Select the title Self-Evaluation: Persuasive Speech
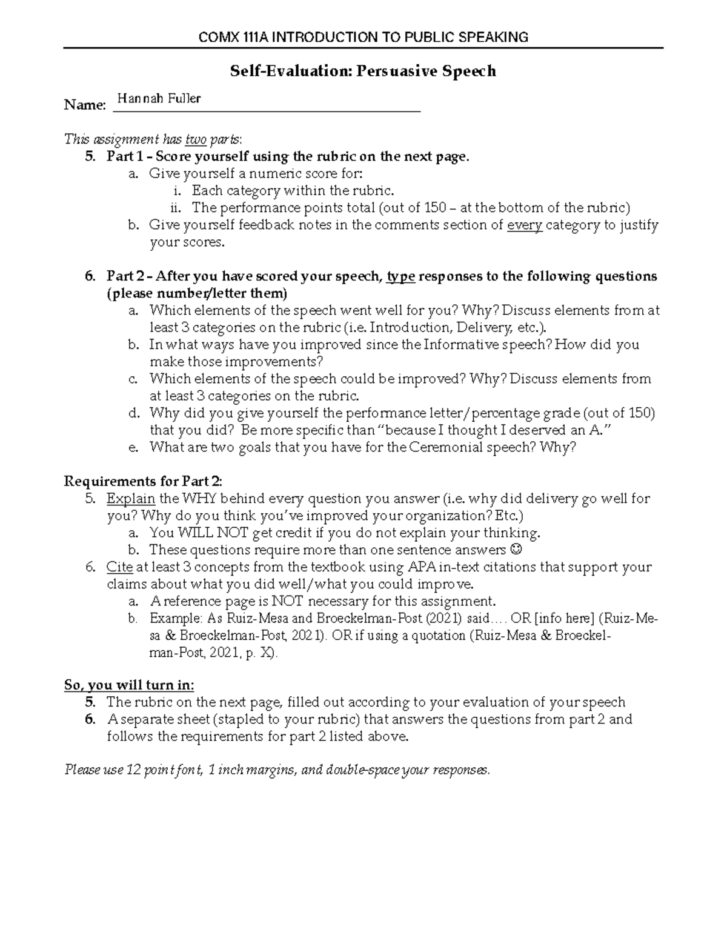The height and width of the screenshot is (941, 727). [x=363, y=71]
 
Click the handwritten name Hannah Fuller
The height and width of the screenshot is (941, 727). [x=159, y=98]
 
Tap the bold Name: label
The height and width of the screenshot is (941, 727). [x=85, y=106]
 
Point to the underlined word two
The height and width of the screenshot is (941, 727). [x=196, y=140]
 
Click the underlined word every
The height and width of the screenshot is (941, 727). [x=524, y=225]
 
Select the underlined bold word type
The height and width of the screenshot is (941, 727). [x=400, y=277]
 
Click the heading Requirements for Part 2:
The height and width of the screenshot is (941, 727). [x=143, y=482]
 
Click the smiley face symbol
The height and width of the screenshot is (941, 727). [x=516, y=550]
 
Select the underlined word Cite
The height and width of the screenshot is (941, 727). [x=119, y=568]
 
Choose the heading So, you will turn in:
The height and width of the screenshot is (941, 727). [x=129, y=685]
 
